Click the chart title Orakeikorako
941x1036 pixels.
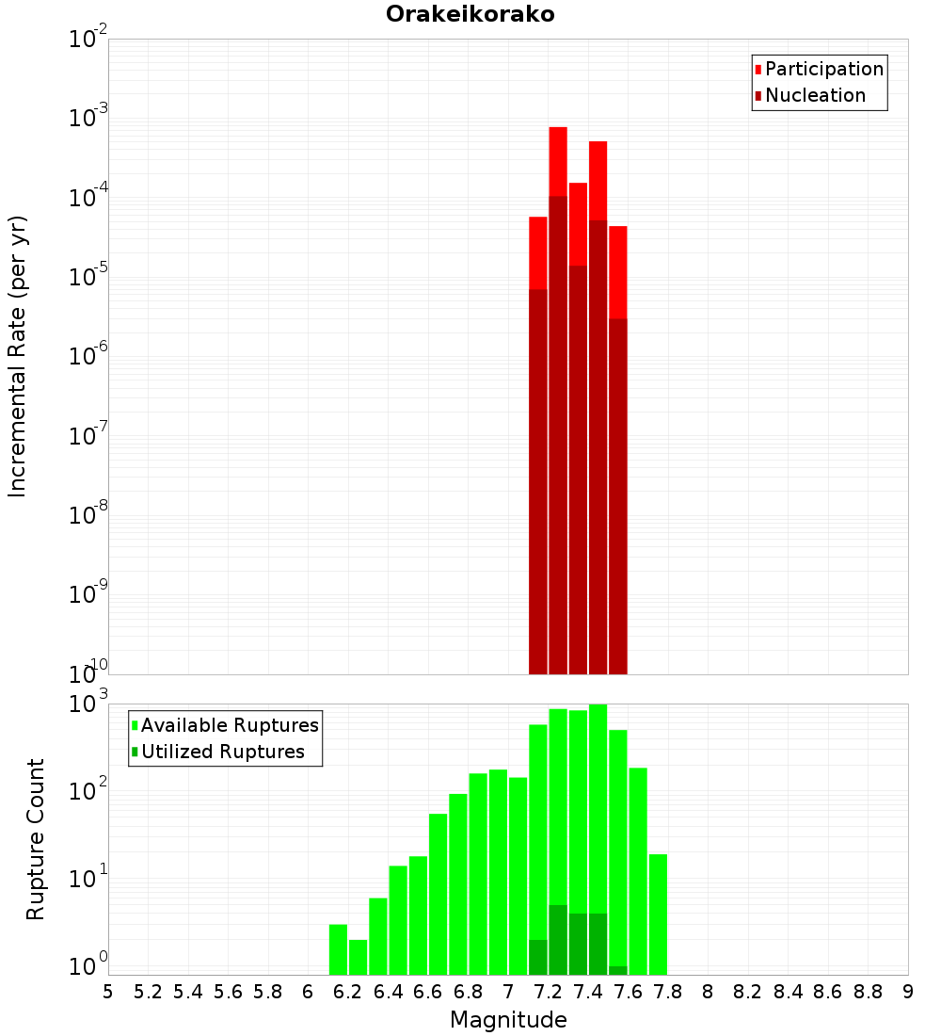470,14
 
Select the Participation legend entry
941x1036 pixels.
823,69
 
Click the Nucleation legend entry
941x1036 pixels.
814,95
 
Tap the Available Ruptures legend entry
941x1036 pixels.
229,725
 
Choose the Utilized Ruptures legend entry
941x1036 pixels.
222,752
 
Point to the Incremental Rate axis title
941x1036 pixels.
18,356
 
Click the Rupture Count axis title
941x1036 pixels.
36,838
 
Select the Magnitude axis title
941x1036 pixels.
508,1020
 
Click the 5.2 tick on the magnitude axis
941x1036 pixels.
149,992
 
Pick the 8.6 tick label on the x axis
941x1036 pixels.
828,992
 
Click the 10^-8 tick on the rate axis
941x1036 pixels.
89,515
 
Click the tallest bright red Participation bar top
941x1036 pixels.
558,129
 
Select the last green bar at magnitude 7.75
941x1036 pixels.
658,914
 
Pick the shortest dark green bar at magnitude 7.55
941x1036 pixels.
618,970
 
